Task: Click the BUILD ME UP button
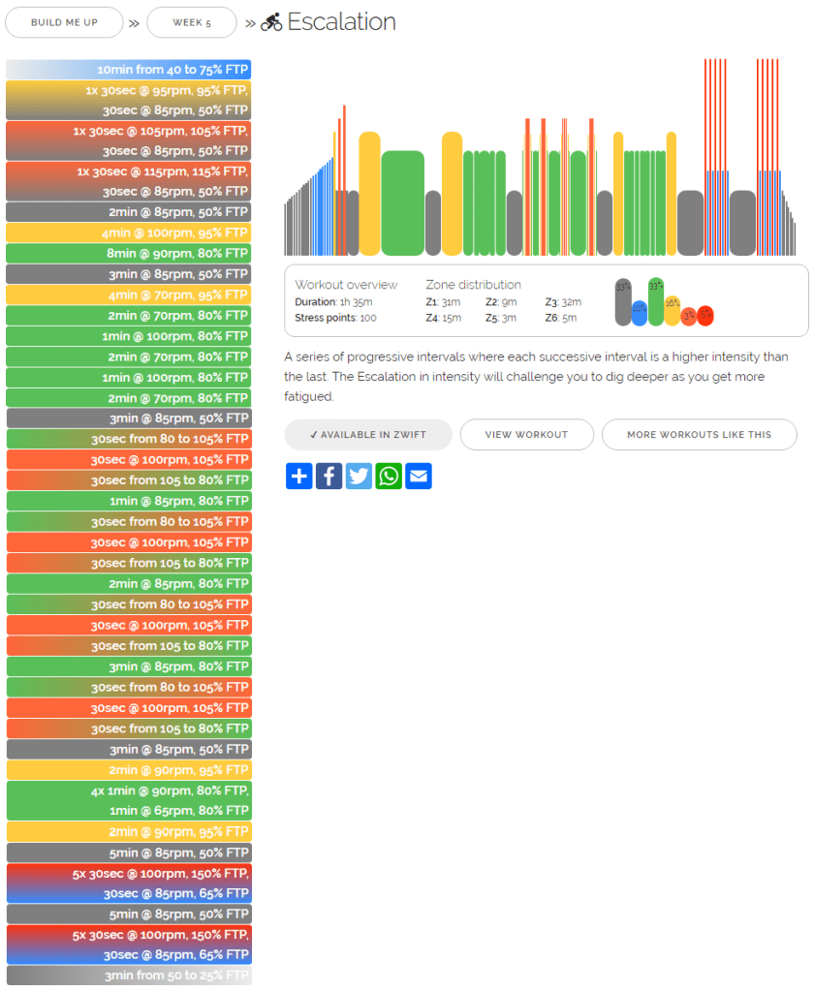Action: click(x=64, y=22)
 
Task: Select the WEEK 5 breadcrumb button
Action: click(x=192, y=22)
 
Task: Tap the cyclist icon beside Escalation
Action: click(x=271, y=22)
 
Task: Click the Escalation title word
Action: click(x=341, y=21)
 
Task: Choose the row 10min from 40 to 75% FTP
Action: click(x=129, y=70)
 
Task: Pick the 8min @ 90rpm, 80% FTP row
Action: click(x=129, y=254)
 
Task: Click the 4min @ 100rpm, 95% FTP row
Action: click(x=129, y=232)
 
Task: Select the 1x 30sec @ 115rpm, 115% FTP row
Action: click(x=129, y=171)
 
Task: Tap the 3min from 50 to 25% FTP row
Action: click(x=129, y=976)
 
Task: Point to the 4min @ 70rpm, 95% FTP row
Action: click(x=129, y=294)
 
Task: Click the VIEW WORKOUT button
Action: click(x=527, y=435)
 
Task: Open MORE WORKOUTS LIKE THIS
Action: click(x=699, y=435)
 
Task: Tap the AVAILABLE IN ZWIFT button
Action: click(x=368, y=435)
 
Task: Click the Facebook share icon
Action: click(x=329, y=476)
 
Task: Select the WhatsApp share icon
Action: click(x=389, y=476)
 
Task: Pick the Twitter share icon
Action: click(x=359, y=476)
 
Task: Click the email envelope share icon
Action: click(x=419, y=476)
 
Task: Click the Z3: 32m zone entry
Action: click(x=563, y=302)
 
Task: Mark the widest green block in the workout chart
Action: click(x=402, y=203)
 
